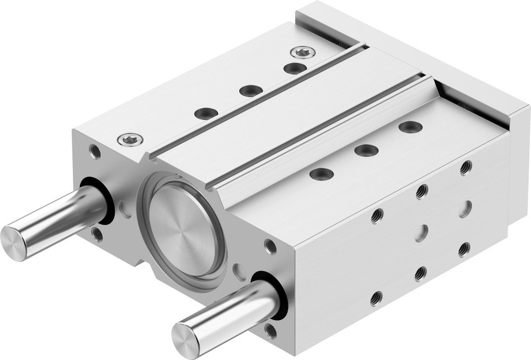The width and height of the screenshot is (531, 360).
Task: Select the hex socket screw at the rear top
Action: (300, 52)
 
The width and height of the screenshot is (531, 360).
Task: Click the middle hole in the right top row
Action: (366, 149)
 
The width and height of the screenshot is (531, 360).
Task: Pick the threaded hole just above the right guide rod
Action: (270, 246)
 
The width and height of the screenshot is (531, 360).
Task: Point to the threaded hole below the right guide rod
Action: (271, 331)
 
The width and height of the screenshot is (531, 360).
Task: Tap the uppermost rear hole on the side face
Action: (466, 167)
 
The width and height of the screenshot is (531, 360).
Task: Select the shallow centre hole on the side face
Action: (422, 232)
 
